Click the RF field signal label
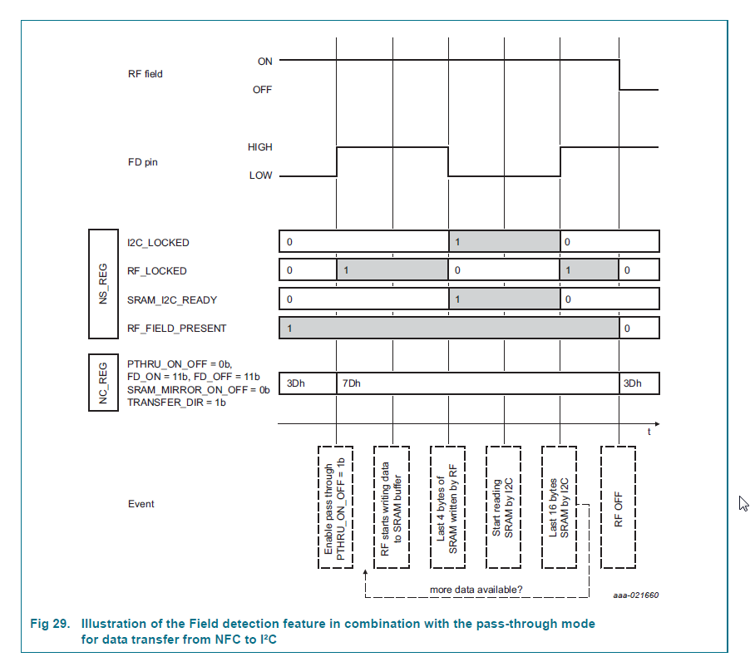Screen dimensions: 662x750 (x=145, y=74)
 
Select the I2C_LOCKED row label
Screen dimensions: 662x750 (x=158, y=243)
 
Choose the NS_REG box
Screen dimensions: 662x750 (x=103, y=284)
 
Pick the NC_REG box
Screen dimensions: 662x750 (x=103, y=383)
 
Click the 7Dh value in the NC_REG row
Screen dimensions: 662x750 (x=353, y=383)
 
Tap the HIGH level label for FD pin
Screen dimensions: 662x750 (x=259, y=147)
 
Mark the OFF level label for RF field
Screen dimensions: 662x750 (x=262, y=90)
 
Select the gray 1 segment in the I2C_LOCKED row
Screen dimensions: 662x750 (x=504, y=242)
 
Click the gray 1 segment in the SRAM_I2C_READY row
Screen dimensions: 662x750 (x=504, y=299)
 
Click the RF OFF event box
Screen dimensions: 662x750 (x=618, y=507)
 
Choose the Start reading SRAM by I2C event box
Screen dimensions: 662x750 (x=504, y=507)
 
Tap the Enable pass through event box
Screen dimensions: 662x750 (x=335, y=507)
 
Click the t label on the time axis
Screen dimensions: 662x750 (x=649, y=432)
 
